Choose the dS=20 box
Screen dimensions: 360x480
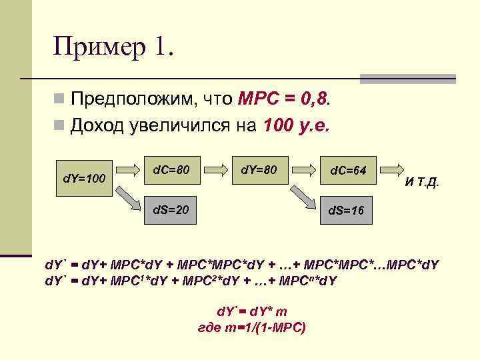171,210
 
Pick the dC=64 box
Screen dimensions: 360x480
348,171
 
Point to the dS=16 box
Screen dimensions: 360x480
347,211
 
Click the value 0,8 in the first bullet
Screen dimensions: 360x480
313,100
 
